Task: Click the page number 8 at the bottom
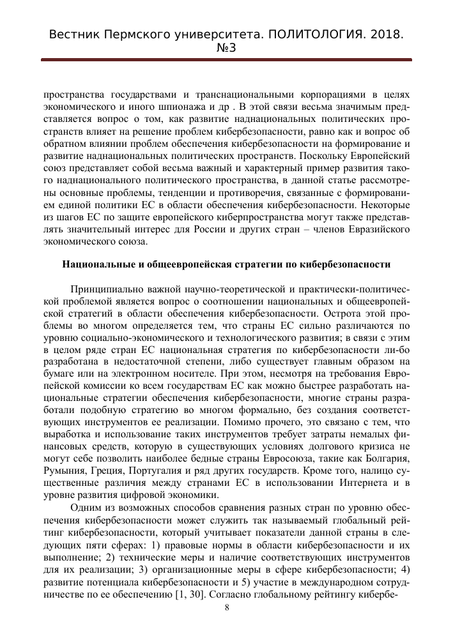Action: click(227, 607)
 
